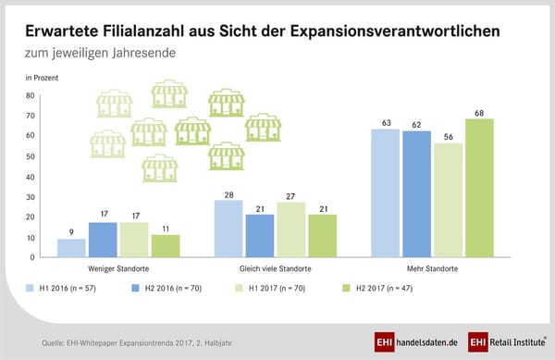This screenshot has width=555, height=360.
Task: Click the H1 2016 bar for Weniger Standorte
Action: (72, 247)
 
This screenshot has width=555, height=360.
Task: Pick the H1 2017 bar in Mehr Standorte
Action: (449, 200)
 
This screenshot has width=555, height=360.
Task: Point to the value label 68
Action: (480, 113)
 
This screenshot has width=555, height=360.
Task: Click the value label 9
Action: (72, 232)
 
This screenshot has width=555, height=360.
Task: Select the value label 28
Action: (229, 194)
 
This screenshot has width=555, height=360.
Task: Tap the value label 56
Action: (449, 137)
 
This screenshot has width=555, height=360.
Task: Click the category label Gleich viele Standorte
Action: (276, 268)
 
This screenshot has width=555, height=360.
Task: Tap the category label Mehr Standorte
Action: (433, 268)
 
